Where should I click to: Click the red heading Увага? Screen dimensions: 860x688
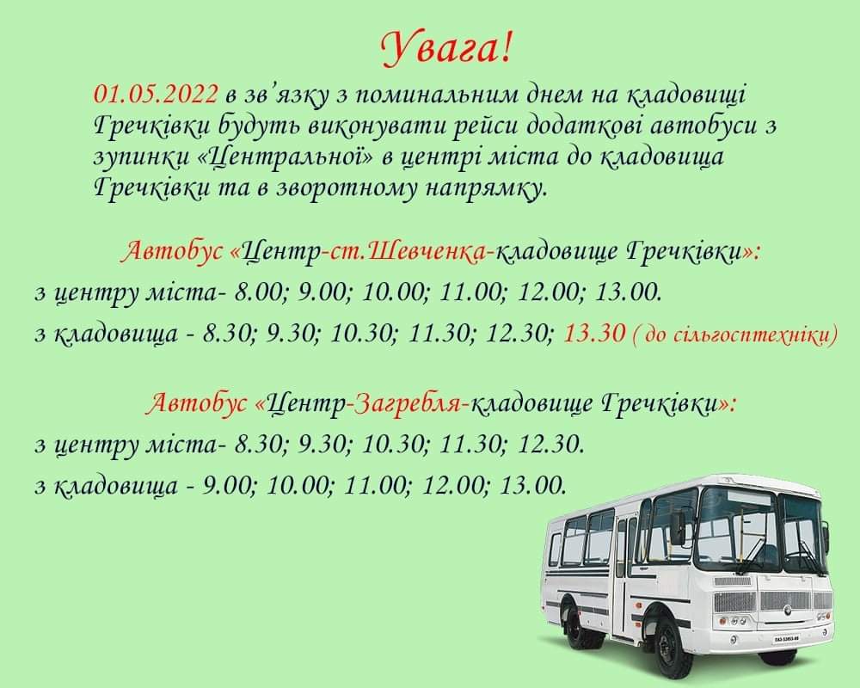click(446, 48)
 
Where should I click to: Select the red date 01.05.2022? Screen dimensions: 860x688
click(156, 95)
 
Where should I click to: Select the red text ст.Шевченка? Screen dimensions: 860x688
click(408, 253)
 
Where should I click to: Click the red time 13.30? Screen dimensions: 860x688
click(594, 334)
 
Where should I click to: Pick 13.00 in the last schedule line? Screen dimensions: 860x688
click(532, 486)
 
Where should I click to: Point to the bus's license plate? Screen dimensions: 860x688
click(787, 640)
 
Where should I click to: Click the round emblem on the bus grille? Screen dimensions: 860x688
click(787, 608)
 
